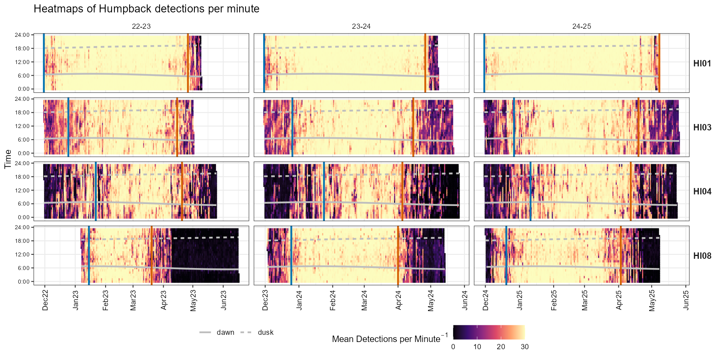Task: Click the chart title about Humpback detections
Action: tap(146, 9)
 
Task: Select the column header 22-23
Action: tap(141, 26)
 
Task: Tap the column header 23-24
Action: tap(361, 26)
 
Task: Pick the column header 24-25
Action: tap(582, 26)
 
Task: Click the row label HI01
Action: tap(702, 64)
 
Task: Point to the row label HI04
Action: tap(702, 192)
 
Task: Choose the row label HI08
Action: tap(702, 256)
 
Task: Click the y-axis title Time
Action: tap(8, 159)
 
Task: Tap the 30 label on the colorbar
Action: tap(524, 347)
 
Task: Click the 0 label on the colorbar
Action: tap(453, 347)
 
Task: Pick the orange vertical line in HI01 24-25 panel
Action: tap(659, 63)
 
